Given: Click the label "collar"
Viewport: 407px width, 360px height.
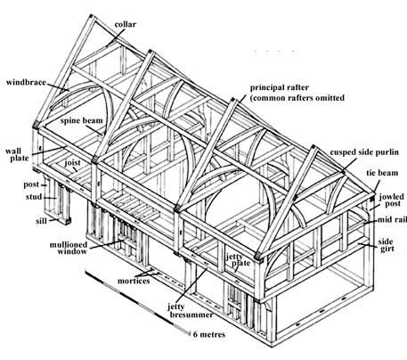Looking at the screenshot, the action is click(x=126, y=24).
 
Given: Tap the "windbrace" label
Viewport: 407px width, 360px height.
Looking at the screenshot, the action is click(x=26, y=82).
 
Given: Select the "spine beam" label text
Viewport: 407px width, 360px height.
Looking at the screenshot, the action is click(x=82, y=121).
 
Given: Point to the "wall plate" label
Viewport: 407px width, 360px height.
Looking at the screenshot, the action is click(x=17, y=154).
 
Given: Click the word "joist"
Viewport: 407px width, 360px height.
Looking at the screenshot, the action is click(x=73, y=163).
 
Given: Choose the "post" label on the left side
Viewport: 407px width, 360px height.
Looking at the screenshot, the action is click(x=31, y=184).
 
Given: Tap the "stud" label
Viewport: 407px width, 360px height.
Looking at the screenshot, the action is click(x=34, y=197).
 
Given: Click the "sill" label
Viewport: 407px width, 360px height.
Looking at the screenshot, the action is click(x=41, y=221).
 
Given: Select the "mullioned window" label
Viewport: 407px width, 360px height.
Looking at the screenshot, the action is click(x=69, y=248).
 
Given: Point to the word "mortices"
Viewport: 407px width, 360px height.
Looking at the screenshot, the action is click(x=134, y=281).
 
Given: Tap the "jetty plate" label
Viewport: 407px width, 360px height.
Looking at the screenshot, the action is click(x=239, y=260).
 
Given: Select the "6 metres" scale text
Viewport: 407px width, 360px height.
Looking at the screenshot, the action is click(x=209, y=334).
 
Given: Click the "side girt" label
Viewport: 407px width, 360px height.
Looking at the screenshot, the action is click(x=387, y=245).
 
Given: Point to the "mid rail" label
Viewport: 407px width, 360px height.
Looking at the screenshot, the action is click(x=392, y=220).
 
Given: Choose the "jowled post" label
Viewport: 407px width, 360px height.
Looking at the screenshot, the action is click(x=392, y=200).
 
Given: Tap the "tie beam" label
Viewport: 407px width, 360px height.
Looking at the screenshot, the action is click(x=382, y=173).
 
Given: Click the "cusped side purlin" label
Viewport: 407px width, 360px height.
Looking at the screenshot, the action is click(x=364, y=152).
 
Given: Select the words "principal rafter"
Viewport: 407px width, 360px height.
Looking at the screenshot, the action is click(x=280, y=88).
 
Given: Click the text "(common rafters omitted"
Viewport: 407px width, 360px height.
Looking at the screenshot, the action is click(x=297, y=98).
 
